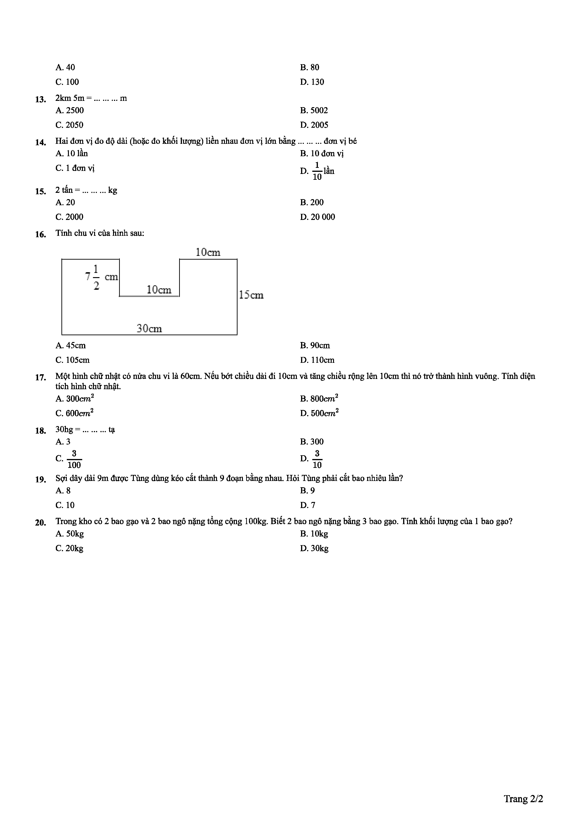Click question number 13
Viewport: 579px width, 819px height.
[x=40, y=99]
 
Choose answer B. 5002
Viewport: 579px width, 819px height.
[x=314, y=110]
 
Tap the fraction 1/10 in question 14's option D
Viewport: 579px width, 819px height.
[x=317, y=171]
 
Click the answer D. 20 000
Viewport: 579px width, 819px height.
[x=317, y=217]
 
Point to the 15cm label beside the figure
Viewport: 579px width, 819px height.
[x=251, y=295]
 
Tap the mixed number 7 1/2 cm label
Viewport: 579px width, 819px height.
[x=101, y=277]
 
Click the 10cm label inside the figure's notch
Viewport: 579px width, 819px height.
[x=159, y=290]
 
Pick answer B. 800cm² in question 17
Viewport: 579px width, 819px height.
[x=319, y=399]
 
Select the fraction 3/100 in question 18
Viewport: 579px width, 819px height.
[x=74, y=459]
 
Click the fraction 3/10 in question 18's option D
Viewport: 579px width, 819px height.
[x=317, y=459]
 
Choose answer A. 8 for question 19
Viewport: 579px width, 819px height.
[x=63, y=491]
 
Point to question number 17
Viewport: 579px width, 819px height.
[x=40, y=377]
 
